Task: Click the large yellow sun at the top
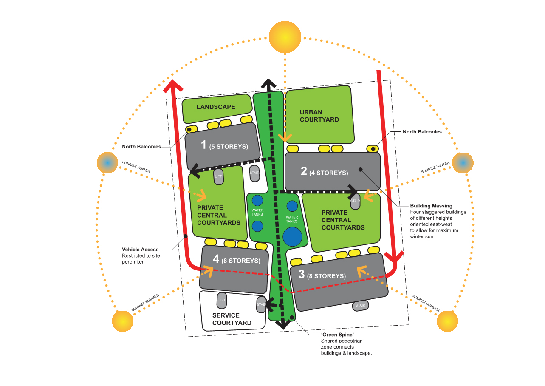(x=285, y=37)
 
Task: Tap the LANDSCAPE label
(x=216, y=107)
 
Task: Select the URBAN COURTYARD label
(x=319, y=116)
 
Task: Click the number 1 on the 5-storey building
(x=203, y=145)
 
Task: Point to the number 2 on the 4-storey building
(x=304, y=171)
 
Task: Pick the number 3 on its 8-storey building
(x=301, y=275)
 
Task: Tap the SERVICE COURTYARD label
(x=232, y=319)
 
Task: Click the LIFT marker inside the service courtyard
(x=222, y=301)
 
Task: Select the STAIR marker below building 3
(x=360, y=305)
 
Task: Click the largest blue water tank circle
(x=293, y=236)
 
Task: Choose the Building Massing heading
(x=431, y=206)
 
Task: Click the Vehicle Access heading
(x=140, y=250)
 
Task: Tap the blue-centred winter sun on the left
(x=107, y=163)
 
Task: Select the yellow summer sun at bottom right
(x=447, y=321)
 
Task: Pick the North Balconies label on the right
(x=422, y=132)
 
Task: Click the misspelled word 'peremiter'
(x=133, y=262)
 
